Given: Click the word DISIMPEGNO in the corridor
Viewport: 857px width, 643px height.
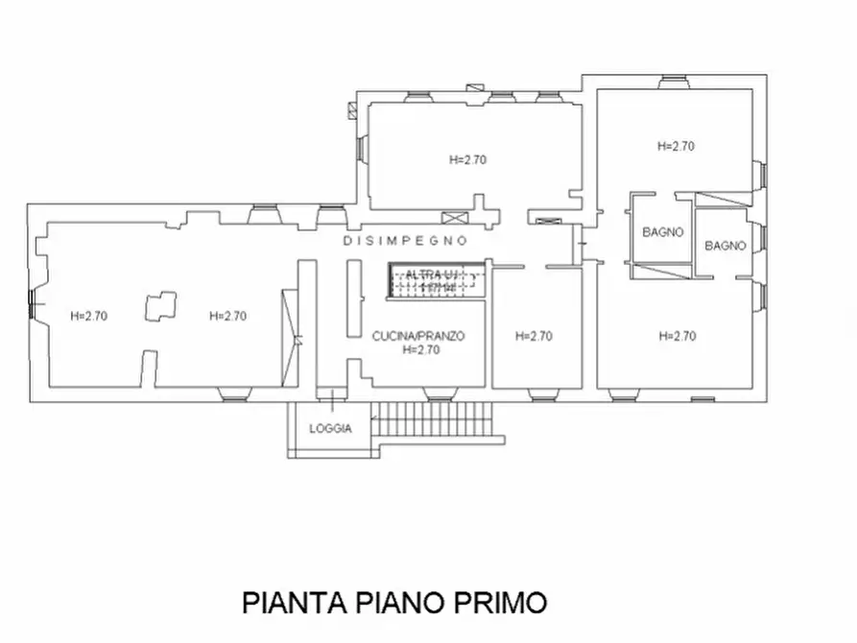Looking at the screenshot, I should [406, 241].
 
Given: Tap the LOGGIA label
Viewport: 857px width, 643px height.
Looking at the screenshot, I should [330, 429].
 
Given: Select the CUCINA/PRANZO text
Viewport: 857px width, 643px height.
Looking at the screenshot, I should [418, 336].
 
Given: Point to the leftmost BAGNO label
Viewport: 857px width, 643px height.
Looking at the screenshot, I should [662, 232].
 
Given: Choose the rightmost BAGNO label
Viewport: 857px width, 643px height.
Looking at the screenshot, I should [726, 246].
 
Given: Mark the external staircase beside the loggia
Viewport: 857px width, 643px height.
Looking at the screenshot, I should [437, 423].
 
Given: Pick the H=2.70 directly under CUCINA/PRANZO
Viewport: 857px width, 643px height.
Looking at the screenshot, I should [421, 350].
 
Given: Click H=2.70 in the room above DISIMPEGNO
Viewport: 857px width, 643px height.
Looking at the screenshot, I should [467, 160].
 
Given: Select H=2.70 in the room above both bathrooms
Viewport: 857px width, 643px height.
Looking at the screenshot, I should [676, 147].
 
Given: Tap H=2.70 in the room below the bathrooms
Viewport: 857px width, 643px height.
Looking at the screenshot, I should [677, 336].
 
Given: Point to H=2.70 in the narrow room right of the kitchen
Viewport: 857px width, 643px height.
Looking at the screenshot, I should [534, 336].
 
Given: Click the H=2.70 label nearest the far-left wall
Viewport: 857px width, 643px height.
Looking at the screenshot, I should [88, 316].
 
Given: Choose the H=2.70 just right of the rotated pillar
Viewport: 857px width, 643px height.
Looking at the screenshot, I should [228, 316].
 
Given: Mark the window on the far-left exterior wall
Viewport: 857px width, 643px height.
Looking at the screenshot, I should [34, 304].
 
